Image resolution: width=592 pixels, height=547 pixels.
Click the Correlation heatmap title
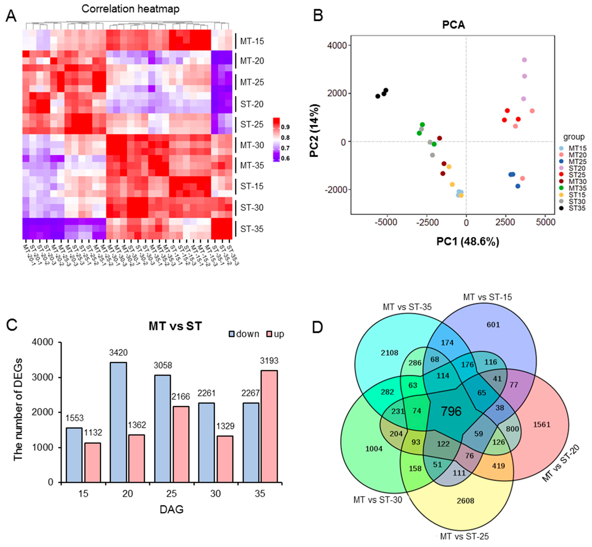[x=130, y=9]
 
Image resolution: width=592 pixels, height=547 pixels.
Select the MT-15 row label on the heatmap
[x=252, y=41]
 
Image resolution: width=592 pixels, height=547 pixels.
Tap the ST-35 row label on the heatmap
[x=252, y=229]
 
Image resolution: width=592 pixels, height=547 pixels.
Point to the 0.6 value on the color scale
[x=285, y=158]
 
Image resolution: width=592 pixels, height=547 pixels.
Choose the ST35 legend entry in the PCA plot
[x=577, y=208]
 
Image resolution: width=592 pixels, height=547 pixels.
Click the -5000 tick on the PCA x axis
[x=386, y=222]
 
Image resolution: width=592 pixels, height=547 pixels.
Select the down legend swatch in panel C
[x=232, y=334]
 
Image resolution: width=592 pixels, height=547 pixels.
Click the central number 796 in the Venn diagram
[x=451, y=411]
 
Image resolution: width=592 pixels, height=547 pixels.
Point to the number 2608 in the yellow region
[x=465, y=501]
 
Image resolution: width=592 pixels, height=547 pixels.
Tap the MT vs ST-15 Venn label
[x=487, y=297]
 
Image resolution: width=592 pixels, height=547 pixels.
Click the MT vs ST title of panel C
[x=175, y=326]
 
